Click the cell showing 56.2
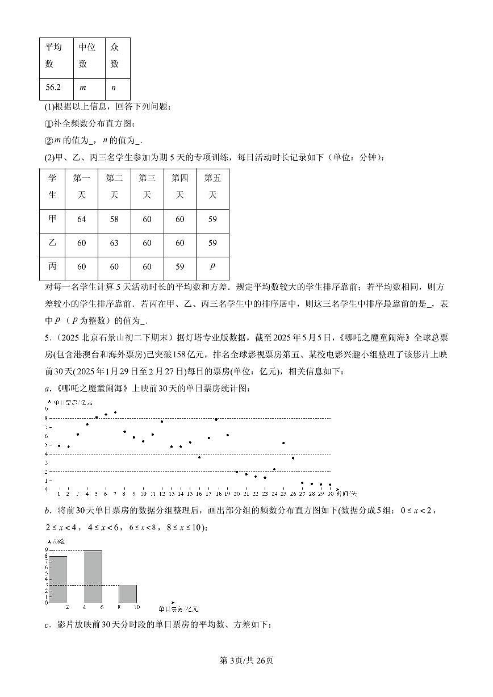point(53,87)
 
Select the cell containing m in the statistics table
point(83,87)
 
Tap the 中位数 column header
point(87,56)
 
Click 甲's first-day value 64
point(81,219)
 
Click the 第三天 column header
point(147,186)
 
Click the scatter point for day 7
point(115,412)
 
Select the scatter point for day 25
point(283,443)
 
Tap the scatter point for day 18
point(216,419)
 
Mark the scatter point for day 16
point(199,457)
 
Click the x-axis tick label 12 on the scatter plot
point(162,494)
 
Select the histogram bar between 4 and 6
point(93,576)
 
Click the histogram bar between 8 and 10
point(128,593)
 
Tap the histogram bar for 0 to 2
point(59,579)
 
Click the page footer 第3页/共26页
point(246,660)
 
